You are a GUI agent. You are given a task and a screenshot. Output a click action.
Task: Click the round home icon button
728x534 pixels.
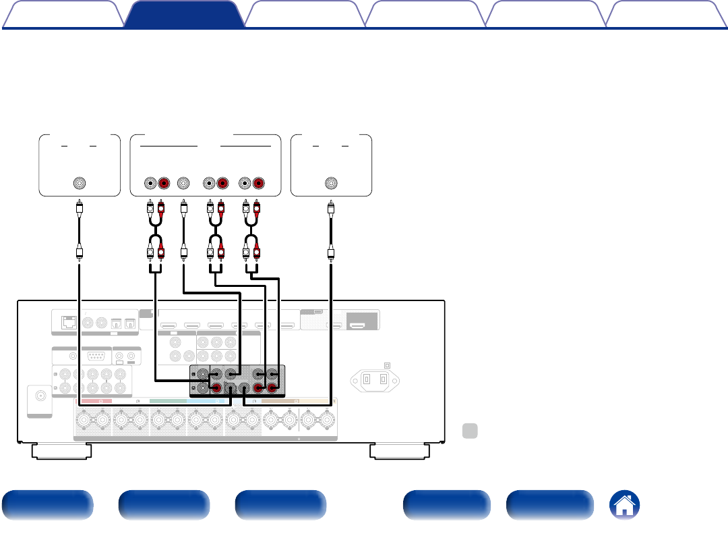(625, 505)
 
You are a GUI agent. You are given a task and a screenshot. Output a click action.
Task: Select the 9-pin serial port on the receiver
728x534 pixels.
(95, 357)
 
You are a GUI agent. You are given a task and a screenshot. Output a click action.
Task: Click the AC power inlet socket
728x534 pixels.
(375, 379)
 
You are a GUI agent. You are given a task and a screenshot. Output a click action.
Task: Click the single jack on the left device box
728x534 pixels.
(80, 183)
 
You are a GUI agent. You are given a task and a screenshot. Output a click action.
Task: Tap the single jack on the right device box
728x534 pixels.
(330, 183)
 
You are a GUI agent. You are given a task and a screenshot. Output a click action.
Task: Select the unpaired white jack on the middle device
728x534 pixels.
(183, 183)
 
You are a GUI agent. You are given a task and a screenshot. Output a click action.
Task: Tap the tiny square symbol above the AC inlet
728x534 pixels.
(386, 365)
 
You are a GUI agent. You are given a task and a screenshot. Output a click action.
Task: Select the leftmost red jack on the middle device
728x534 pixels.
(162, 183)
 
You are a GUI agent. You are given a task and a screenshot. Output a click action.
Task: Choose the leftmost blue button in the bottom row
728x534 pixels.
(47, 505)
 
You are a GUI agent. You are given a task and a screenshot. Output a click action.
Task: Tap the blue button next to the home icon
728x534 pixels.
(549, 505)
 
